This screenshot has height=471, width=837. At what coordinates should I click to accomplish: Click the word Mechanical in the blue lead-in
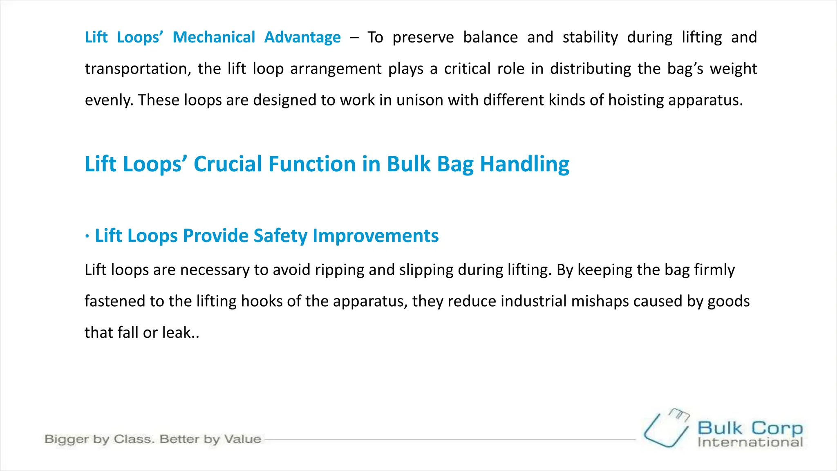[214, 37]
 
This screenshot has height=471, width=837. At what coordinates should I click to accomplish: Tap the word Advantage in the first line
[302, 37]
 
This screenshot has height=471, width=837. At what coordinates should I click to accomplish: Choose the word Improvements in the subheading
[376, 236]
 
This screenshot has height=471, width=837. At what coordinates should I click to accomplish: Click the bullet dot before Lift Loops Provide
[87, 236]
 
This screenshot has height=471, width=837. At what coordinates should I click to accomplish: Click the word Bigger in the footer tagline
[67, 440]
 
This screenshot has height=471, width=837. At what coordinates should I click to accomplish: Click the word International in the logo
[750, 442]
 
